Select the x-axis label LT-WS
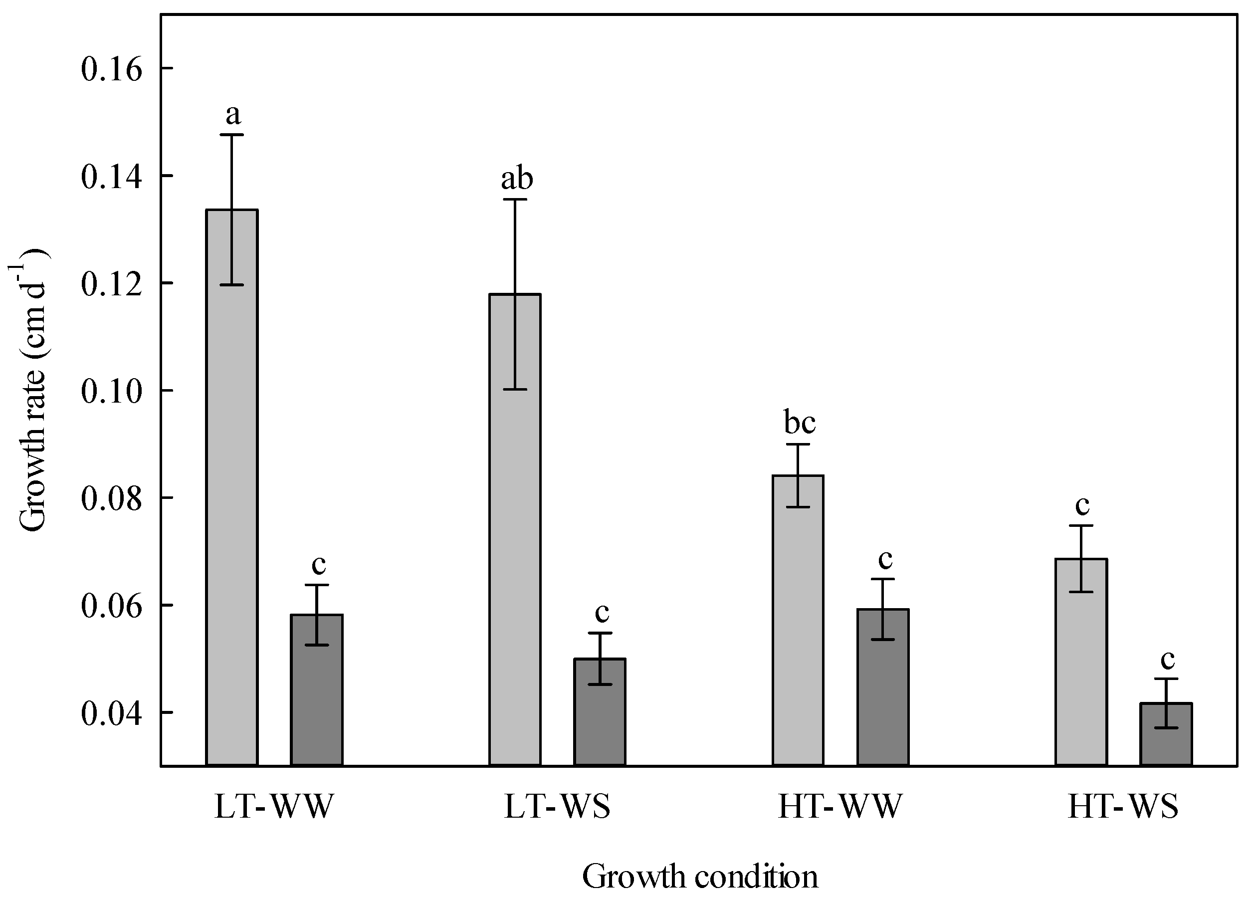pyautogui.click(x=557, y=807)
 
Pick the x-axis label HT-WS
pyautogui.click(x=1123, y=807)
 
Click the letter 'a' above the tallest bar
pyautogui.click(x=233, y=115)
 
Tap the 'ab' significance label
pyautogui.click(x=517, y=179)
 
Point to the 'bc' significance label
pyautogui.click(x=800, y=423)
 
